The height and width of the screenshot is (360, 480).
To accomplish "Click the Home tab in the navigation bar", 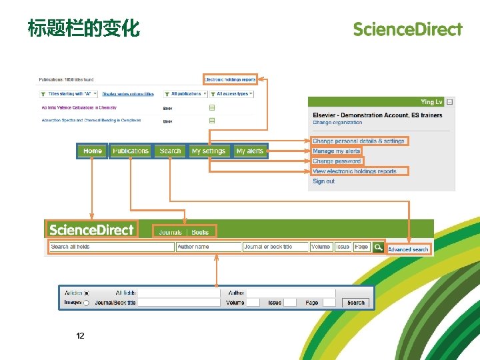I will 93,151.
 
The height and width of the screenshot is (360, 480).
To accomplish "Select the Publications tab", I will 131,151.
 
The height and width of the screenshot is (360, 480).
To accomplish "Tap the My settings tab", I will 209,151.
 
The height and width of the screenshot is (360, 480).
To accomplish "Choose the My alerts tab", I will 250,151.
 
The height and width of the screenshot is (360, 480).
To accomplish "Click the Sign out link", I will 324,181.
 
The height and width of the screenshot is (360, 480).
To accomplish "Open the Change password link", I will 337,161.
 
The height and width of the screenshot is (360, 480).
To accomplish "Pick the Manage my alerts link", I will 337,151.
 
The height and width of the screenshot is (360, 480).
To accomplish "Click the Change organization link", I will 337,123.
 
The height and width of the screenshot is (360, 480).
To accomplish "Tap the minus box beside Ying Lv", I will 450,102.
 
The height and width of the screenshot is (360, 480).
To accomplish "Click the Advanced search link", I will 408,249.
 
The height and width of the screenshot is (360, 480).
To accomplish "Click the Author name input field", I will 208,247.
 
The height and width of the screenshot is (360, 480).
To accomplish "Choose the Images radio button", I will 87,303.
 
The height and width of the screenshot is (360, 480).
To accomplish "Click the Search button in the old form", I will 356,303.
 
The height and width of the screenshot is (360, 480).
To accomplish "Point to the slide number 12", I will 80,336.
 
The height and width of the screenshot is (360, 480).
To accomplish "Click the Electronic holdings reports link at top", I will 230,80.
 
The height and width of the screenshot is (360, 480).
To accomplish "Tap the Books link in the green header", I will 200,232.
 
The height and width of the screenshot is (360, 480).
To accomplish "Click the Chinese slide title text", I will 83,29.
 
